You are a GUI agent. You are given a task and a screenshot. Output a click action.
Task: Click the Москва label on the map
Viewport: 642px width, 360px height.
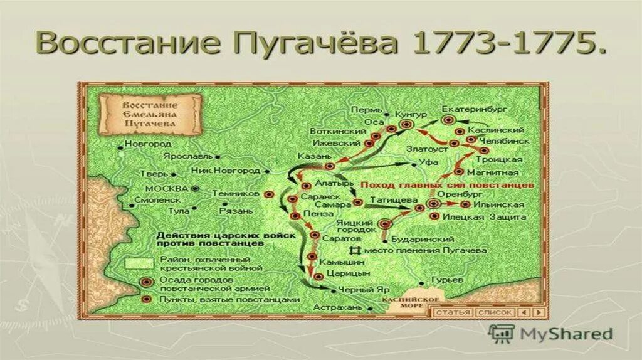[166, 188]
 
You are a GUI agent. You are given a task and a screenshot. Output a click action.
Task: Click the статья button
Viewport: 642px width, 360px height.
[453, 312]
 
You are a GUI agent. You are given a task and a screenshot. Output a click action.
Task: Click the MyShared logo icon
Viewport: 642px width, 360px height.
[502, 332]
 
